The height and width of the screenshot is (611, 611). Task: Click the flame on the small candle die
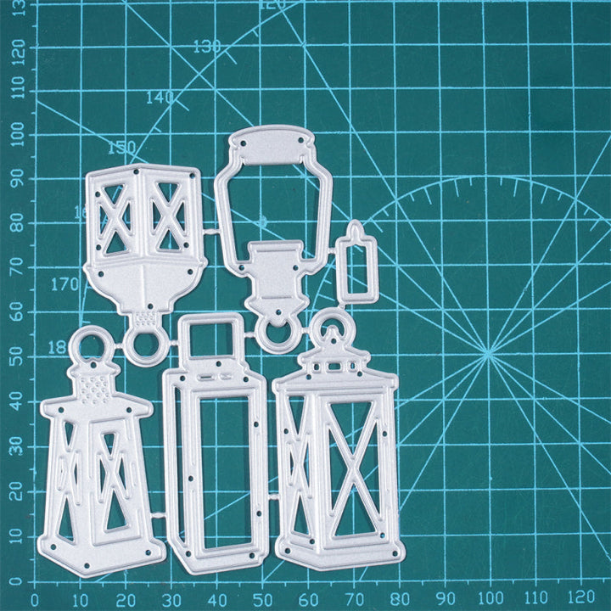(x=356, y=229)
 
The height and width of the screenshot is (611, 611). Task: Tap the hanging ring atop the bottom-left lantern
(x=89, y=345)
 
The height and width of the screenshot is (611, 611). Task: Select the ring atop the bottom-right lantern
(x=332, y=328)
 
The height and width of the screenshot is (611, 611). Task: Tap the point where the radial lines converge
(x=488, y=354)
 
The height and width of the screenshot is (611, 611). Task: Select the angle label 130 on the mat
(x=207, y=47)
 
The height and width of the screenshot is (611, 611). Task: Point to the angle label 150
(x=121, y=148)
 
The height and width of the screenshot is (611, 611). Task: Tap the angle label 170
(x=64, y=284)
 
